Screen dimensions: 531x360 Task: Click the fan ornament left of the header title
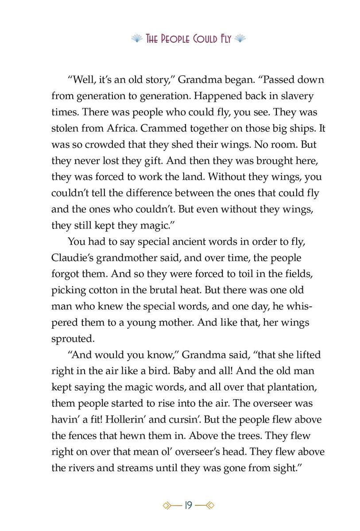(137, 39)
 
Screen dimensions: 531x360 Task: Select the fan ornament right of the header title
(239, 39)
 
